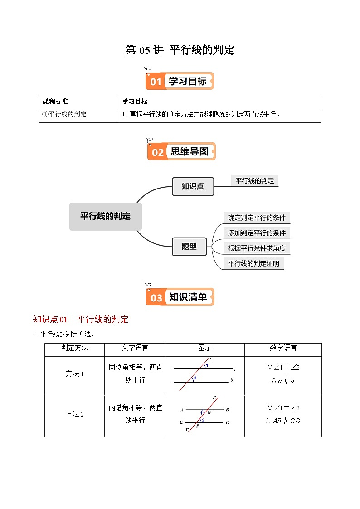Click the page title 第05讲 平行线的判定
[180, 50]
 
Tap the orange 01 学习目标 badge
[180, 81]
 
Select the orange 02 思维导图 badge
[181, 152]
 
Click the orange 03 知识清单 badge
[180, 297]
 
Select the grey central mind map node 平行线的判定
[105, 216]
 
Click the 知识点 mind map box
[193, 186]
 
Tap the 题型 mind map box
[189, 247]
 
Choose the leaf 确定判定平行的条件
[257, 218]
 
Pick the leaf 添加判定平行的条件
[257, 233]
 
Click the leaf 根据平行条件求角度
[257, 248]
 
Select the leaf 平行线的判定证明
[253, 263]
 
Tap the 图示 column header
[205, 348]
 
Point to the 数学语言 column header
[283, 348]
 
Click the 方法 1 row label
[75, 374]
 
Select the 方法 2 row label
[75, 414]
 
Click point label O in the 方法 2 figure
[209, 412]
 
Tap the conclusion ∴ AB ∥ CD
[282, 421]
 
